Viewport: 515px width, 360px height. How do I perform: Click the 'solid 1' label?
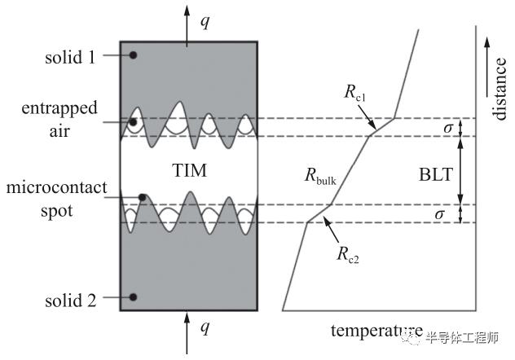(x=70, y=58)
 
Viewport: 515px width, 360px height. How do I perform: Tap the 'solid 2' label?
(x=71, y=301)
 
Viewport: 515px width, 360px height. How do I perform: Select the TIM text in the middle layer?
(x=190, y=171)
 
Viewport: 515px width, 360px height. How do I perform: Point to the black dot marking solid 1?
(x=133, y=55)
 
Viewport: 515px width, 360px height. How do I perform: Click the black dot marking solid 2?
(x=133, y=297)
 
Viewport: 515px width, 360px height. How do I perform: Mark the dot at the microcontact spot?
(x=143, y=198)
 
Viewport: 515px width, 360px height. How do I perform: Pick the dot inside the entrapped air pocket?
(x=133, y=122)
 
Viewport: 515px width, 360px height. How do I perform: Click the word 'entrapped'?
(x=59, y=108)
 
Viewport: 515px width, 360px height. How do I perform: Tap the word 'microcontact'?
(x=56, y=187)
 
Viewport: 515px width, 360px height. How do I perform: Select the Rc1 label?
(x=354, y=92)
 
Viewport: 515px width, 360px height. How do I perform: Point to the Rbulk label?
(x=320, y=176)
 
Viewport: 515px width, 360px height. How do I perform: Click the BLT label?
(x=436, y=174)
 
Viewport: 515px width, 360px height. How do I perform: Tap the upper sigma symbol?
(x=448, y=128)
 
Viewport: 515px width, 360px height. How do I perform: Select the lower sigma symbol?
(x=439, y=214)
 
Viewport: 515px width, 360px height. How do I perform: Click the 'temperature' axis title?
(x=376, y=331)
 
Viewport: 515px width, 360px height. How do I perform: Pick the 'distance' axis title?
(x=500, y=90)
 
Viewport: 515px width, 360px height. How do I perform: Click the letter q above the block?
(x=205, y=22)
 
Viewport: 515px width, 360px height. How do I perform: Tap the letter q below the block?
(x=205, y=327)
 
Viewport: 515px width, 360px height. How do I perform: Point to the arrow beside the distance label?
(x=487, y=67)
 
